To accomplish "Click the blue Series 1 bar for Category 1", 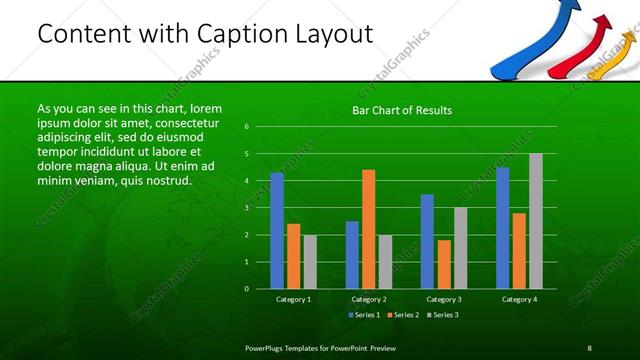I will pos(277,230).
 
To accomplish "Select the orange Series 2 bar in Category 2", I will pos(369,229).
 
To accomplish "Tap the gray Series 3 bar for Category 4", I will pos(536,221).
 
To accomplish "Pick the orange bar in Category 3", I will pos(444,264).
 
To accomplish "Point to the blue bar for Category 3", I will pos(427,241).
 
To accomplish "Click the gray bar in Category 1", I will pos(310,261).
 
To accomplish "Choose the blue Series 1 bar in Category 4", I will pos(503,227).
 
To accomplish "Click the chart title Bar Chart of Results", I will pos(402,110).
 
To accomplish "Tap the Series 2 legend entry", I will pos(403,315).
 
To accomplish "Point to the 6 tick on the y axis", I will pos(247,127).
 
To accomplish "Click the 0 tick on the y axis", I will pos(247,289).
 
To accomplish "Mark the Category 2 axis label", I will pos(369,299).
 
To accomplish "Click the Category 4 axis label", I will pos(519,299).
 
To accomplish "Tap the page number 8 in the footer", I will pos(589,347).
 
